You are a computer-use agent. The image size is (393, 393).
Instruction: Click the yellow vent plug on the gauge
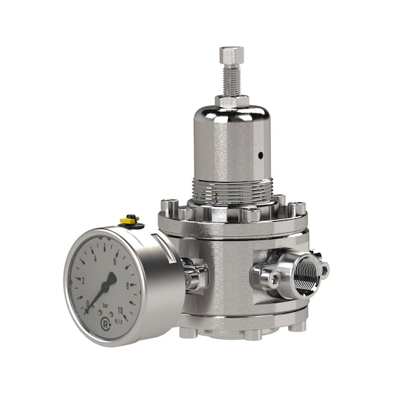pos(130,220)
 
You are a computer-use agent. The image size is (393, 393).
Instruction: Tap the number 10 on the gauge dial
pos(120,310)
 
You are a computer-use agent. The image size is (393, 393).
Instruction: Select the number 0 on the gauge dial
pos(87,304)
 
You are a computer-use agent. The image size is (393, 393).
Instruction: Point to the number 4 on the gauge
pos(94,259)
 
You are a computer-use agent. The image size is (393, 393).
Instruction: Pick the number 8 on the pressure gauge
pos(128,285)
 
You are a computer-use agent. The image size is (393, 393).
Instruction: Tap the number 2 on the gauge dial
pos(83,280)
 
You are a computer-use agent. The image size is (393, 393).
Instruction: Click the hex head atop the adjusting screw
pos(231,55)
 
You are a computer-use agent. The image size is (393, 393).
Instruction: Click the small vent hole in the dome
pos(260,155)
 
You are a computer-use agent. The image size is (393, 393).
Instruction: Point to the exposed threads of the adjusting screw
pos(231,81)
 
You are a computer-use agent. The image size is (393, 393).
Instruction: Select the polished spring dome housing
pos(232,143)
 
